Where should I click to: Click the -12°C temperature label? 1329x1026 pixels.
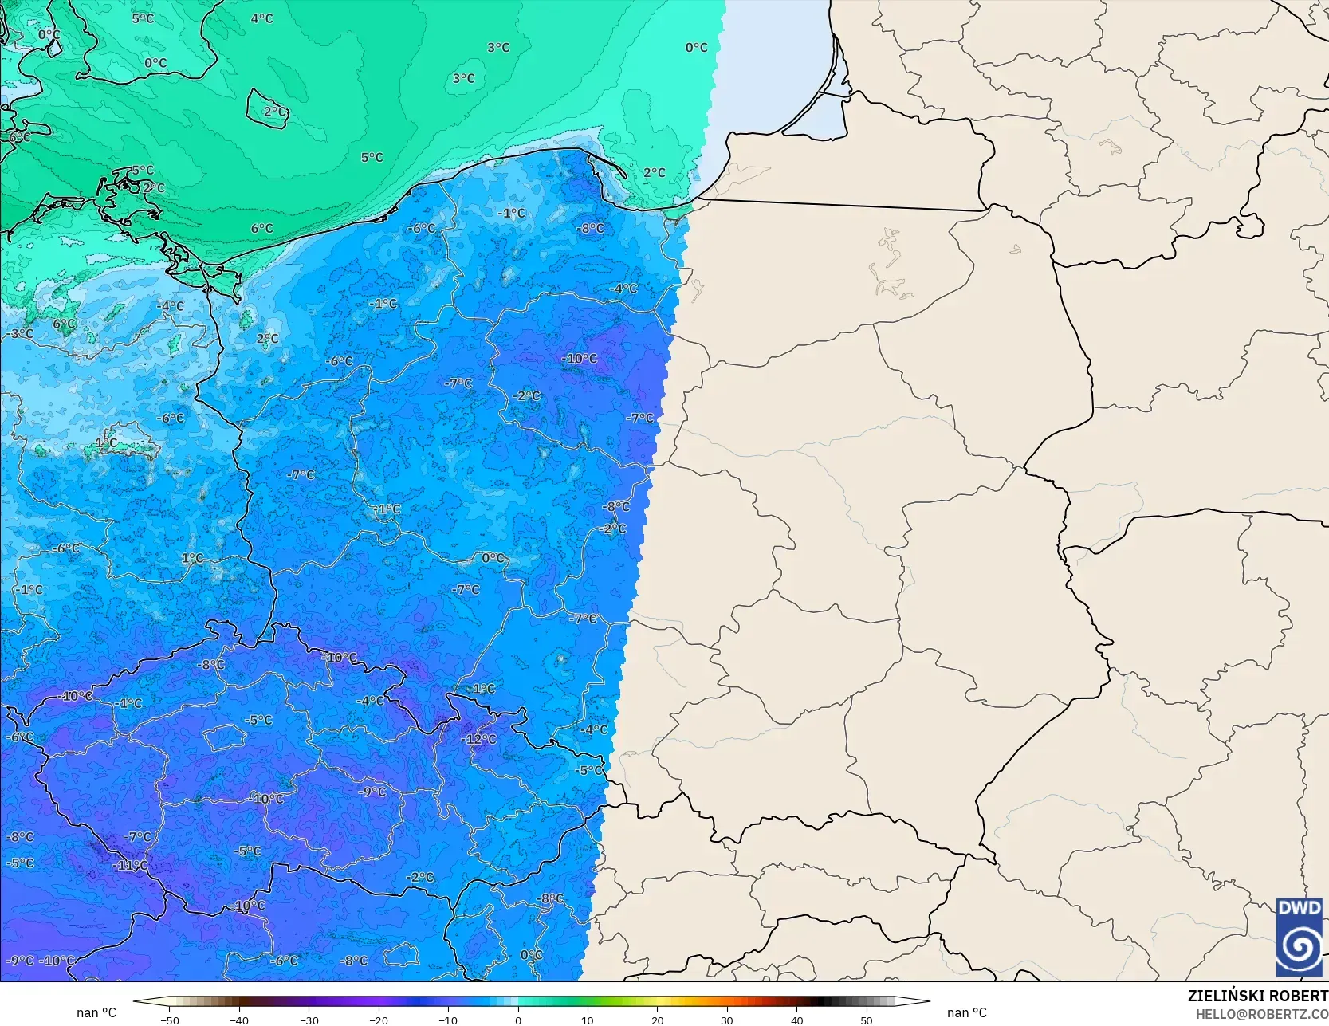point(479,739)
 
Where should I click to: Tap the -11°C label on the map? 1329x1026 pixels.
point(130,865)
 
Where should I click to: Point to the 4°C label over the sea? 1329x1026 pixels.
point(261,18)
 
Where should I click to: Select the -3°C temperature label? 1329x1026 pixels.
point(22,333)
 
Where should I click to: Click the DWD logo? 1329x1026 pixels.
point(1300,937)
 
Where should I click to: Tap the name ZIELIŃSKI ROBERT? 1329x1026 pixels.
point(1257,996)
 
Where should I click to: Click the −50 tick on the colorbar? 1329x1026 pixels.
point(169,1020)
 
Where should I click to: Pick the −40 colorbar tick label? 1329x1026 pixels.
point(238,1020)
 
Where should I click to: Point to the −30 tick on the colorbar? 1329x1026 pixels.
point(309,1020)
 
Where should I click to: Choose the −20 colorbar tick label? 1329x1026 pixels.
point(378,1020)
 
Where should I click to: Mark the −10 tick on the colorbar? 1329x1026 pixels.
point(448,1020)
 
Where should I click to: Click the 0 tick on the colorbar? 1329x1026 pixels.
point(518,1020)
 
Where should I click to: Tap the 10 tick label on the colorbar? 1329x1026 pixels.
point(588,1020)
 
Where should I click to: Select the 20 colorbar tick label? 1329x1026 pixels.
point(657,1020)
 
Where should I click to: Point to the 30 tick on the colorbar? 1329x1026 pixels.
point(727,1020)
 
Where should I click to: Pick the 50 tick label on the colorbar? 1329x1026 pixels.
point(867,1020)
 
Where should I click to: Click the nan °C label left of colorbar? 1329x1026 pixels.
point(96,1012)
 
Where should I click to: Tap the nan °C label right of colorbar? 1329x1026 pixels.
point(966,1012)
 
